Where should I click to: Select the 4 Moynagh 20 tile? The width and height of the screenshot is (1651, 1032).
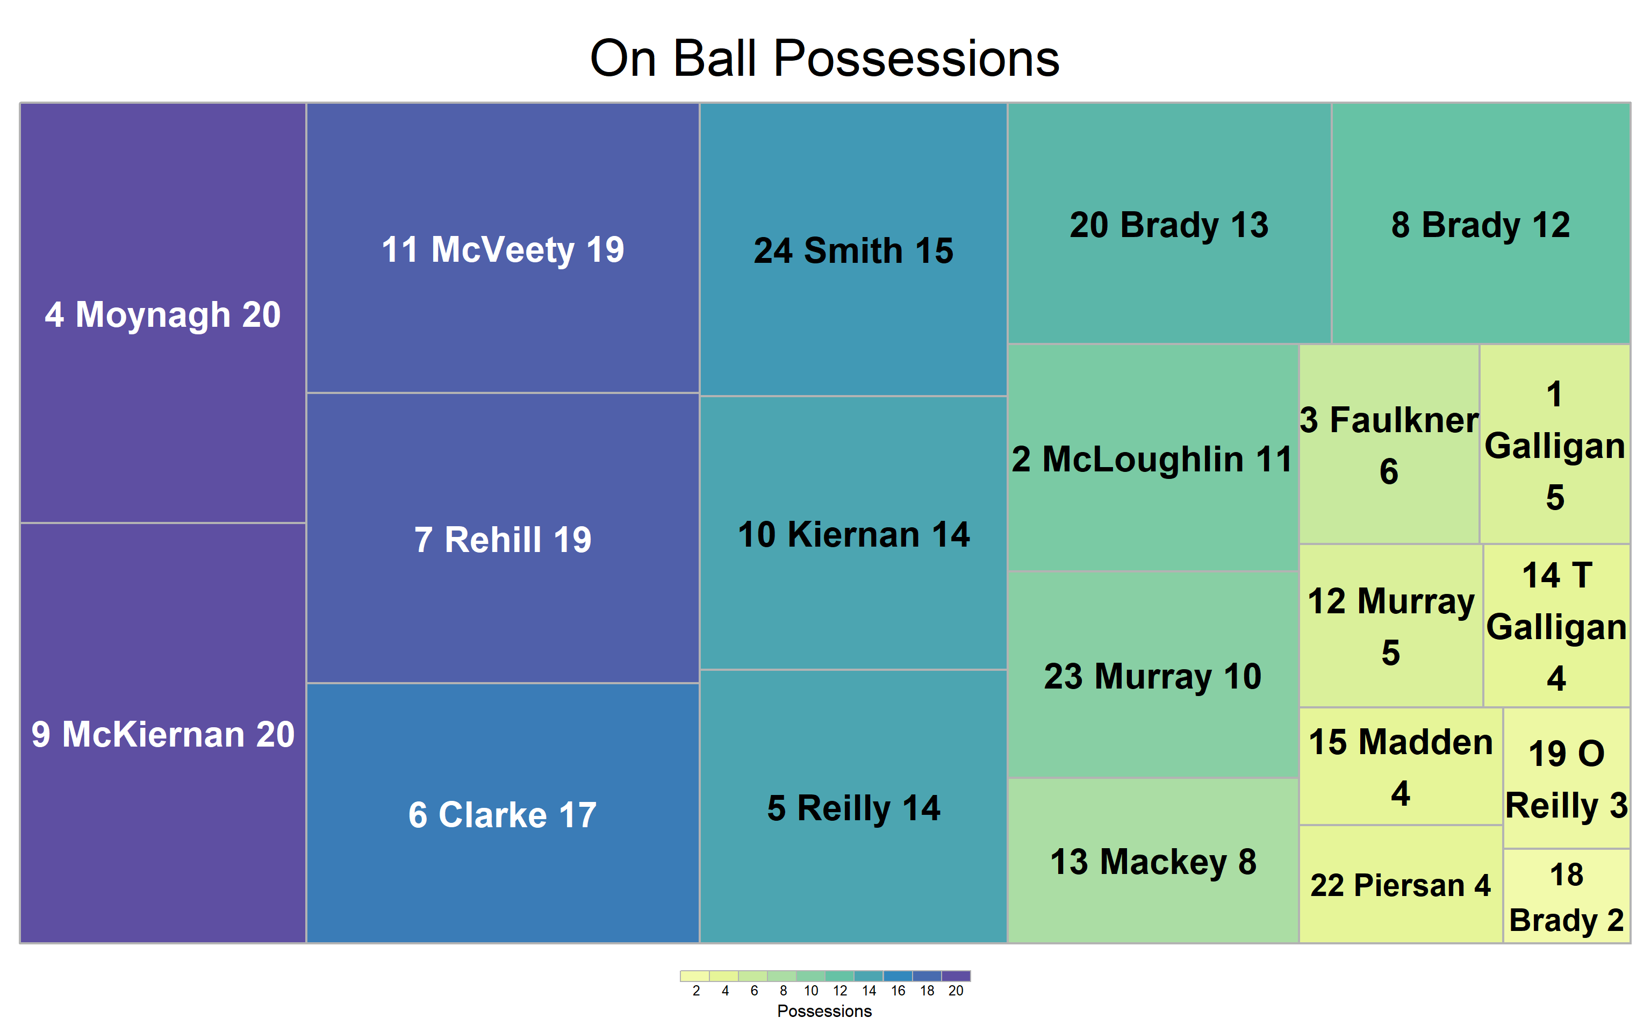click(x=163, y=313)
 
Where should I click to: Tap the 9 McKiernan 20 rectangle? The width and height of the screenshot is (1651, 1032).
click(x=163, y=733)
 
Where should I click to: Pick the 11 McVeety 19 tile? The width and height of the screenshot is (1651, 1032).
click(x=503, y=248)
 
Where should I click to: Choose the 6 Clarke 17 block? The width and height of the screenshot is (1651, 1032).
click(x=503, y=813)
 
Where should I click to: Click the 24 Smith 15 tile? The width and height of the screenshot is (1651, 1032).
click(x=853, y=249)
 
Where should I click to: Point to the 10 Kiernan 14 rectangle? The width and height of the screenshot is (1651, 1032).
click(x=853, y=532)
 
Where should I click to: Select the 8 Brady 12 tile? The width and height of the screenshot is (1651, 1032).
click(x=1481, y=223)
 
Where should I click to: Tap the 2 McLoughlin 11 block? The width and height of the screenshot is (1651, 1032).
click(x=1153, y=457)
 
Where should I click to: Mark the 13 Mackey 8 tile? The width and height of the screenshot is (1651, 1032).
click(x=1153, y=861)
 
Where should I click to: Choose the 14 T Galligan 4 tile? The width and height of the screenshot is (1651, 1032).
click(x=1557, y=625)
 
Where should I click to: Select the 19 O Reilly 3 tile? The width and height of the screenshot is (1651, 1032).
click(x=1567, y=778)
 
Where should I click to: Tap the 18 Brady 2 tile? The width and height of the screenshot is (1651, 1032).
click(x=1567, y=896)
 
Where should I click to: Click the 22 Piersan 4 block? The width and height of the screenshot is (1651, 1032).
click(x=1401, y=884)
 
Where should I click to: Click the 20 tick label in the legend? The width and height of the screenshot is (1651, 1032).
click(x=956, y=991)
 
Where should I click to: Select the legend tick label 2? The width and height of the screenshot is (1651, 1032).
click(x=696, y=991)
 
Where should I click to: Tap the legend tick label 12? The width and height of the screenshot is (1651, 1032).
click(x=840, y=991)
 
